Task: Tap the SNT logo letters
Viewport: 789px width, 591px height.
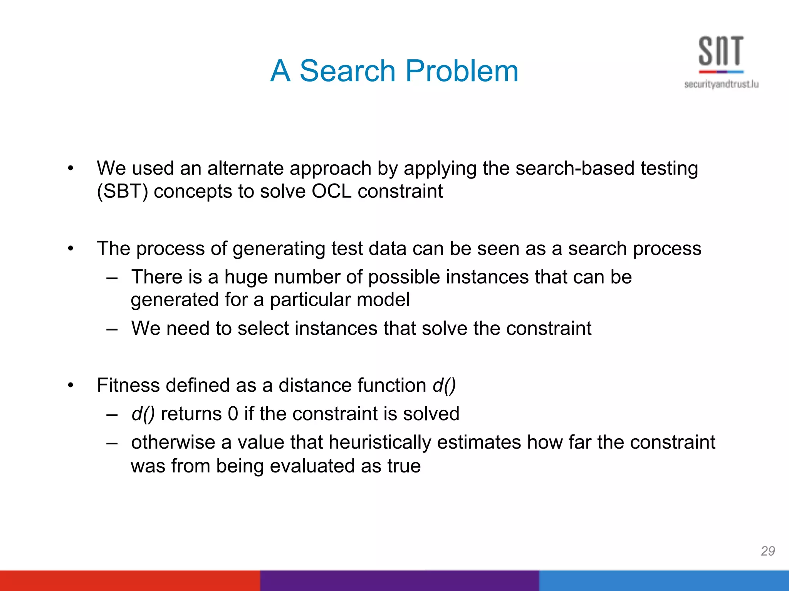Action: tap(721, 51)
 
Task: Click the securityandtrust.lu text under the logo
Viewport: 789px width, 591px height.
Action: tap(721, 84)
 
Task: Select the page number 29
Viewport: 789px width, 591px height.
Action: tap(767, 551)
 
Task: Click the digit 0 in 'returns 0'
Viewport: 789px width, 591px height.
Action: tap(233, 414)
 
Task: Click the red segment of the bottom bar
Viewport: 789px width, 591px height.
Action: tap(130, 581)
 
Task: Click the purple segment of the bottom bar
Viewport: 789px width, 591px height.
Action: tap(400, 581)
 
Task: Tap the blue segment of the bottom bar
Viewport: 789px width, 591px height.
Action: tap(663, 581)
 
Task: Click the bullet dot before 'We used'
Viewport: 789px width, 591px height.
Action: tap(70, 169)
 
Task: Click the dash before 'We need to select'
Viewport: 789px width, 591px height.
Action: tap(112, 329)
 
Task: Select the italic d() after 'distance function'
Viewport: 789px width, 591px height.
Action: tap(444, 385)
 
